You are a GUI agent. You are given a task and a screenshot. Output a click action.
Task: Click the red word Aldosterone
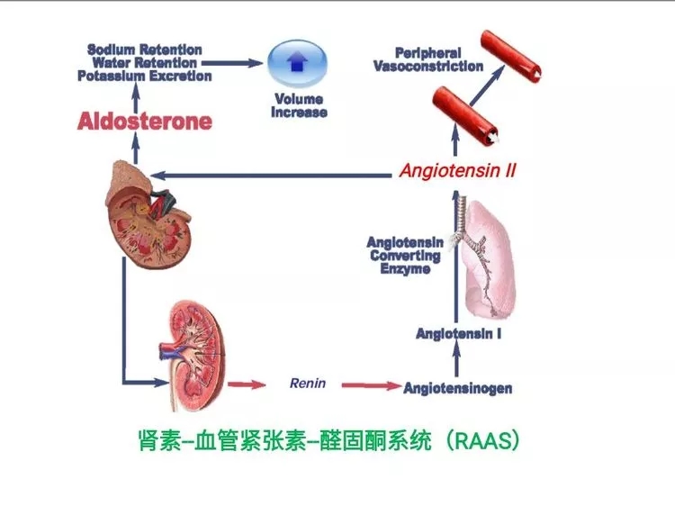click(x=145, y=121)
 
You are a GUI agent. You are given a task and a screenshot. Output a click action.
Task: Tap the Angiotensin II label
click(x=457, y=170)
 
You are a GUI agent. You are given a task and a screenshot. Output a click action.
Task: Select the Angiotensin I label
click(x=458, y=334)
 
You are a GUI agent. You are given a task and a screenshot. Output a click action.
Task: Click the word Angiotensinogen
click(x=458, y=388)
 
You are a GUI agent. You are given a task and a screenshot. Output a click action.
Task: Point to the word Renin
click(x=308, y=383)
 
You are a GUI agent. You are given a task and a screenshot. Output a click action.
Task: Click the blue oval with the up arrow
click(x=298, y=63)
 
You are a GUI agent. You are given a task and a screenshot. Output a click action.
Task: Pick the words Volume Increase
click(x=299, y=105)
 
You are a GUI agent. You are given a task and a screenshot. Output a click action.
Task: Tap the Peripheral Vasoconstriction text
click(x=428, y=59)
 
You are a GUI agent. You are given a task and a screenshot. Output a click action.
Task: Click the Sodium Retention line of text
click(x=145, y=50)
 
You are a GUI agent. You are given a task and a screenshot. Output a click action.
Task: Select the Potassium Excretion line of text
click(x=145, y=77)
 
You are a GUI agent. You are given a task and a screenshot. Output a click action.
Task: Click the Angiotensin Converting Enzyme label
click(x=405, y=256)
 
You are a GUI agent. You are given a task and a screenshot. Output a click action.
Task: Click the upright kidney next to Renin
click(x=193, y=356)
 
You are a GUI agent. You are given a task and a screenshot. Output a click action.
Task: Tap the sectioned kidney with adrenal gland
click(x=148, y=214)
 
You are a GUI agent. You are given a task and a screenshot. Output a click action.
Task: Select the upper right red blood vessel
click(x=511, y=56)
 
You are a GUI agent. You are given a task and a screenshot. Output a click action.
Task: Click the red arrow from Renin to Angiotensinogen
click(x=372, y=385)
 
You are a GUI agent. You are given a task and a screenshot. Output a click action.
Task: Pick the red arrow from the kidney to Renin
click(x=247, y=384)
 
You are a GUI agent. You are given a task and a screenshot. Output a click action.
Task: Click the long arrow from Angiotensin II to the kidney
click(x=271, y=176)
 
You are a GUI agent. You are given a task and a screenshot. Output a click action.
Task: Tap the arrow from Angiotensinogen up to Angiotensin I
click(x=456, y=359)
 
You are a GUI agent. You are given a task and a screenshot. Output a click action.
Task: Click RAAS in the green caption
click(x=483, y=441)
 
